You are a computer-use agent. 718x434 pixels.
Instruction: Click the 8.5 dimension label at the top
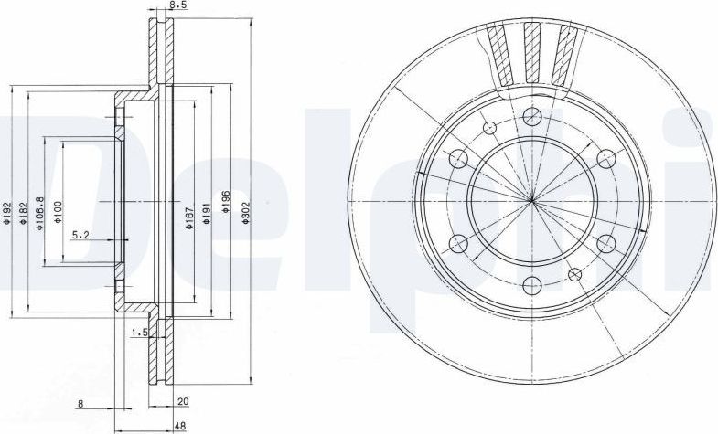[x=177, y=5]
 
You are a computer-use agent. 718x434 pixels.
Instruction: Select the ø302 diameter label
[x=245, y=213]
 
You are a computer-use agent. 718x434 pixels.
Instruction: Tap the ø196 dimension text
[x=225, y=202]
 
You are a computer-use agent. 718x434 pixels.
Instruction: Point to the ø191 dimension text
[x=207, y=213]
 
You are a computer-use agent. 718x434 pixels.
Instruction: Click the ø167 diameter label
[x=189, y=217]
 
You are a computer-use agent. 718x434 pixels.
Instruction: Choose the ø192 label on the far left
[x=6, y=213]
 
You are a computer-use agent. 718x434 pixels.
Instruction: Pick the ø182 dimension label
[x=25, y=213]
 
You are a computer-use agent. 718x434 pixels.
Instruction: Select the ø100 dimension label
[x=58, y=212]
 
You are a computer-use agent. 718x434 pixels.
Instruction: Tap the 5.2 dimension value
[x=80, y=235]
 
